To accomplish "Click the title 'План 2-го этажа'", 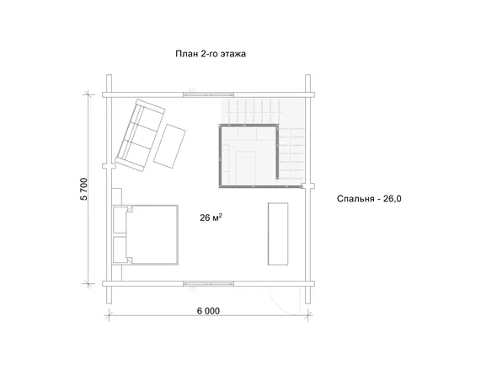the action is coord(211,54).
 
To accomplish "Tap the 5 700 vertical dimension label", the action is coord(84,189).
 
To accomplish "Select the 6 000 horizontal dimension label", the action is coord(208,311).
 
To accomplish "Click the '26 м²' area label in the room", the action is coord(211,217).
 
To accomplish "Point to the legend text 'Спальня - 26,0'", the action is coord(369,199).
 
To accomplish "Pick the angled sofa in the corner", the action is coord(140,135).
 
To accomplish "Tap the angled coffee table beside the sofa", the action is coord(169,146).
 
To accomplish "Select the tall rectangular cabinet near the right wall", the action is coord(278,233).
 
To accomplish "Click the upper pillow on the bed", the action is coord(120,219).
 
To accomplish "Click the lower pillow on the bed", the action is coord(120,250).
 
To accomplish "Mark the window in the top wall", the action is coord(209,94).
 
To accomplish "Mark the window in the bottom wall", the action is coord(209,284).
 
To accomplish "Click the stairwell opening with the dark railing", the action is coord(249,156).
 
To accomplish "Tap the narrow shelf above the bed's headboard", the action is coord(117,196).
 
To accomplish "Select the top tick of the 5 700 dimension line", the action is coord(88,94).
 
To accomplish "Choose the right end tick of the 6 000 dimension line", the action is coord(308,314).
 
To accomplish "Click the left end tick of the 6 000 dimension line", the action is coord(109,314).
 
